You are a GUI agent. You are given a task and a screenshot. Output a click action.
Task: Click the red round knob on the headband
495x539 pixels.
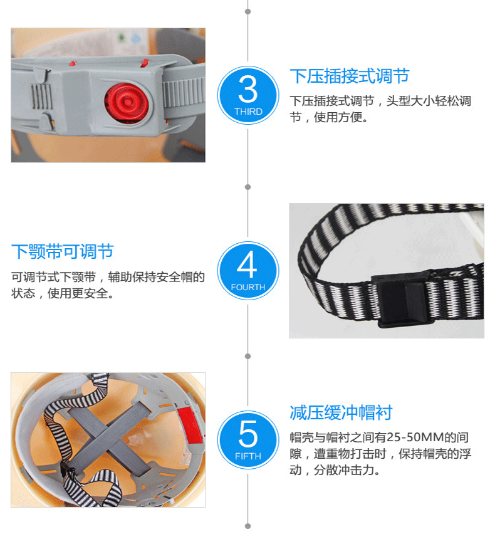point(127,102)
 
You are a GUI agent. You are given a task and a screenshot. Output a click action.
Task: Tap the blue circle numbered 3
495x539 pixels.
point(248,95)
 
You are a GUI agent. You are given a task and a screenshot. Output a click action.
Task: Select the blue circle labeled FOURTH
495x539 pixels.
point(248,271)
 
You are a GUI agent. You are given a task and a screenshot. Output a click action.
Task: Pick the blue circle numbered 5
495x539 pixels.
point(248,439)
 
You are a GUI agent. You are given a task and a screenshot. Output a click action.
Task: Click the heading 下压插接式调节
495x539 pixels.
point(350,76)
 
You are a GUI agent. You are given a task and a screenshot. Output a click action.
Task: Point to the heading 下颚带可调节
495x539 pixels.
point(63,251)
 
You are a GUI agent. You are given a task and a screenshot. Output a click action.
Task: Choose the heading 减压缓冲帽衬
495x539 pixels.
point(341,412)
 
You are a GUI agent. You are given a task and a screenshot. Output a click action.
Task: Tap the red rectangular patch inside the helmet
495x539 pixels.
point(190,425)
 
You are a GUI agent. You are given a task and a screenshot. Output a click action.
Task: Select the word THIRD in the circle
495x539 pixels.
point(248,112)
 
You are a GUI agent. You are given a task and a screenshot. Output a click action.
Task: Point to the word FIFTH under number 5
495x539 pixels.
point(248,456)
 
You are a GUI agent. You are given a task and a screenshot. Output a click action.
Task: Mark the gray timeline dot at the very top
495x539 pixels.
point(248,12)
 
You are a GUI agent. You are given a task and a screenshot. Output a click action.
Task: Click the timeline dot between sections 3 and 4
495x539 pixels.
point(248,187)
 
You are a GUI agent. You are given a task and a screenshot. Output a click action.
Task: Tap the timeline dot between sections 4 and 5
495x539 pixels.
point(248,357)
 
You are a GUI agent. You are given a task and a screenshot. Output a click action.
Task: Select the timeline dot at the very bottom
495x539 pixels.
point(248,526)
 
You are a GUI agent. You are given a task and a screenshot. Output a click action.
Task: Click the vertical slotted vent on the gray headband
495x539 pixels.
point(41,97)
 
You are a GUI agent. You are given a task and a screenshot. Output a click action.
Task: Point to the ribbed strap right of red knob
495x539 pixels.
point(184,93)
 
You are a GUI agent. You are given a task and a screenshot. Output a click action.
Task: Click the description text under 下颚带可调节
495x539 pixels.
point(108,285)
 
